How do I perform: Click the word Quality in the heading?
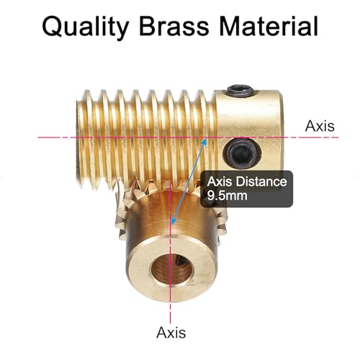click(x=86, y=27)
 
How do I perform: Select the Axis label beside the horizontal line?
click(x=320, y=126)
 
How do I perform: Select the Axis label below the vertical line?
click(x=171, y=333)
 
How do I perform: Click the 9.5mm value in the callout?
click(x=227, y=196)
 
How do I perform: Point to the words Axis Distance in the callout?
click(x=247, y=181)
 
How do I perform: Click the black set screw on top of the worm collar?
click(x=240, y=90)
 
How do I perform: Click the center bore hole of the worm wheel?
click(x=171, y=268)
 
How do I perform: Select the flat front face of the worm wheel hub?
click(x=171, y=269)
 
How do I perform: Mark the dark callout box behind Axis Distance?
click(x=247, y=189)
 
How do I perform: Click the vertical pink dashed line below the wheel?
click(x=170, y=312)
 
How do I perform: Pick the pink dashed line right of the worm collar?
click(x=311, y=138)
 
